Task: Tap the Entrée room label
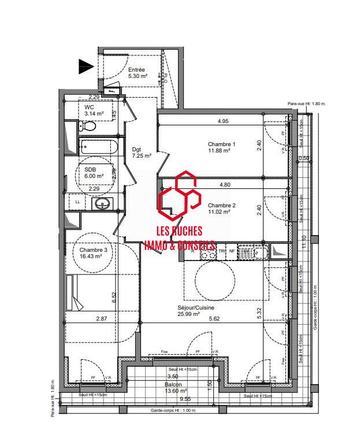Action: pos(136,72)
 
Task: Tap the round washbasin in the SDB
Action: pos(104,203)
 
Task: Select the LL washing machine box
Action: pos(77,202)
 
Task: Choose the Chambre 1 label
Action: pos(219,147)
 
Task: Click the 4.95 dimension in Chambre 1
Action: pos(224,121)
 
